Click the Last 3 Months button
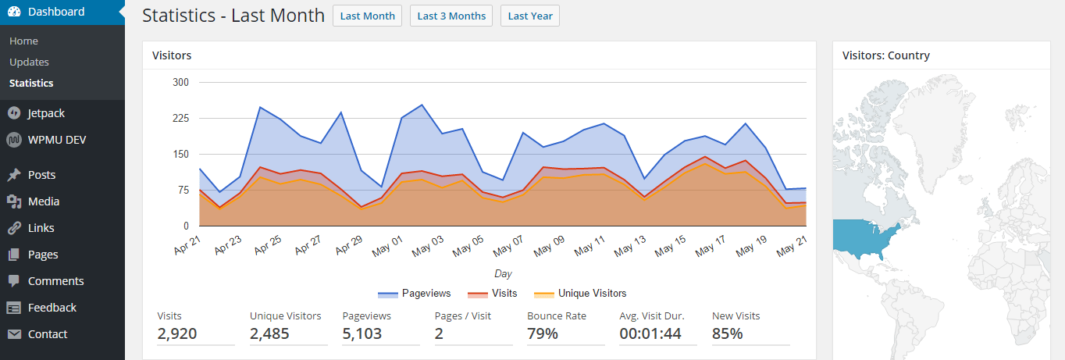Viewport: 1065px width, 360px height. tap(451, 16)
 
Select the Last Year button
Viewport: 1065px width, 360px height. tap(529, 16)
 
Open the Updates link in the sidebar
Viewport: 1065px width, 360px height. tap(29, 62)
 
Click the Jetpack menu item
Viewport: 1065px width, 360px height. tap(46, 113)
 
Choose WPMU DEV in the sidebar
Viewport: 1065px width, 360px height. tap(57, 140)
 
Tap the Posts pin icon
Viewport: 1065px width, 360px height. tap(14, 175)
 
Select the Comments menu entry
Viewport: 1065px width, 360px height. tap(55, 281)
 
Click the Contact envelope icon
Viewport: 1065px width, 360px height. tap(14, 334)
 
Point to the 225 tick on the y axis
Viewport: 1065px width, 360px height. tap(180, 118)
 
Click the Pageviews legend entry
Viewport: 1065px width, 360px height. tap(415, 294)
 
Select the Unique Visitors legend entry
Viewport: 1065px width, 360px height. tap(580, 294)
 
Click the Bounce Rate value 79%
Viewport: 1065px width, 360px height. tap(543, 334)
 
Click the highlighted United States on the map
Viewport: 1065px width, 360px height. tap(863, 237)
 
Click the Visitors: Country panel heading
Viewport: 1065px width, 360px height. tap(886, 55)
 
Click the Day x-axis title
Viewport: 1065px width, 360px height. tap(503, 274)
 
